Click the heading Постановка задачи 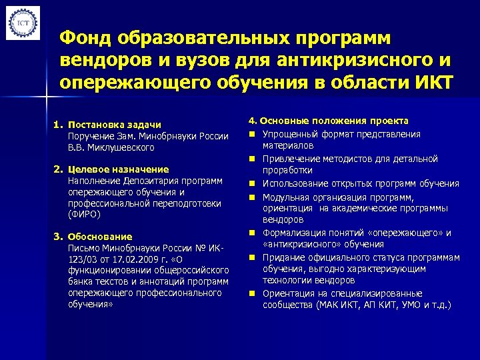coord(114,125)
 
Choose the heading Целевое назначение coord(118,169)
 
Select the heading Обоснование coord(100,237)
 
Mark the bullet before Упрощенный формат coord(254,134)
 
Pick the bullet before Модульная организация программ coord(254,197)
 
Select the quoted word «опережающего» coord(409,233)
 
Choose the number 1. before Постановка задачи coord(58,125)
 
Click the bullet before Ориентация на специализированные coord(254,293)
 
